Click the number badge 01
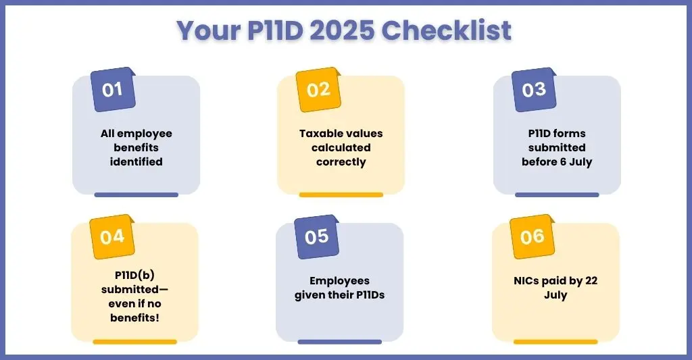(113, 90)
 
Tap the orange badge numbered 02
(318, 90)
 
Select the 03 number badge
(534, 90)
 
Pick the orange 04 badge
(112, 237)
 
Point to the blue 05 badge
(317, 237)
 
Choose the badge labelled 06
(533, 237)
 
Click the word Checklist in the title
(446, 30)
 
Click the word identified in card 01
(137, 162)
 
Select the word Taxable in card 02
(321, 133)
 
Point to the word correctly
(341, 162)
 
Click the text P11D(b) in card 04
(134, 276)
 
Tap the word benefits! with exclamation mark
(134, 317)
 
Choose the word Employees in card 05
(340, 281)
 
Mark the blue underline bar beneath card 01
(137, 195)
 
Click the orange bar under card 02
(341, 195)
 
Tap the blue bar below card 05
(340, 342)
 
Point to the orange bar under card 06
(555, 342)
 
